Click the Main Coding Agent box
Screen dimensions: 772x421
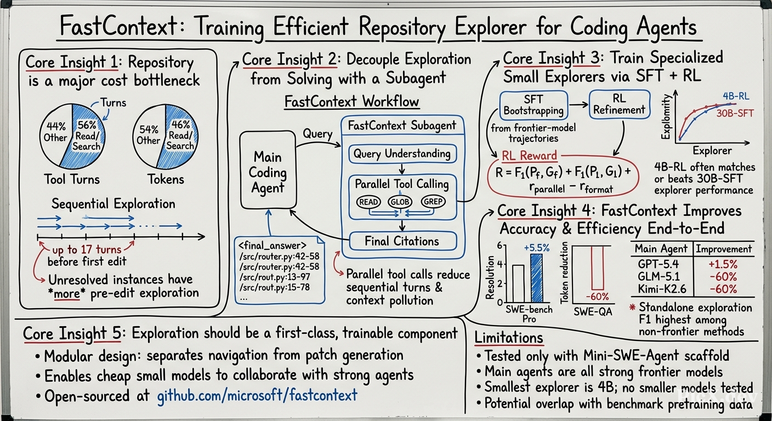268,170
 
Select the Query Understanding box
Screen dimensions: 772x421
402,153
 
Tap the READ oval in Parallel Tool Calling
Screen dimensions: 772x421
368,202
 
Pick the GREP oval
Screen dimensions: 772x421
433,202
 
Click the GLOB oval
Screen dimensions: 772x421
400,202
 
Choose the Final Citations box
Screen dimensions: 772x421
402,241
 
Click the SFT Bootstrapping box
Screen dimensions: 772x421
533,105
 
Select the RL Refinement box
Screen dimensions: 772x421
620,104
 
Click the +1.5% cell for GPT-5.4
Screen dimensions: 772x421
723,264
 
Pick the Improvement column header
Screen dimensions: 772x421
724,249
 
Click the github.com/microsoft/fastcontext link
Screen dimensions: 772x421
257,395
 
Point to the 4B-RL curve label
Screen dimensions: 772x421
736,96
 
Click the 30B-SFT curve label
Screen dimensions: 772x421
735,113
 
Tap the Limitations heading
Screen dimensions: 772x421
509,337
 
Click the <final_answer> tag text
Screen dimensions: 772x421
273,246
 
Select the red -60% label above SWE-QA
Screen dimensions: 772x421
597,297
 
